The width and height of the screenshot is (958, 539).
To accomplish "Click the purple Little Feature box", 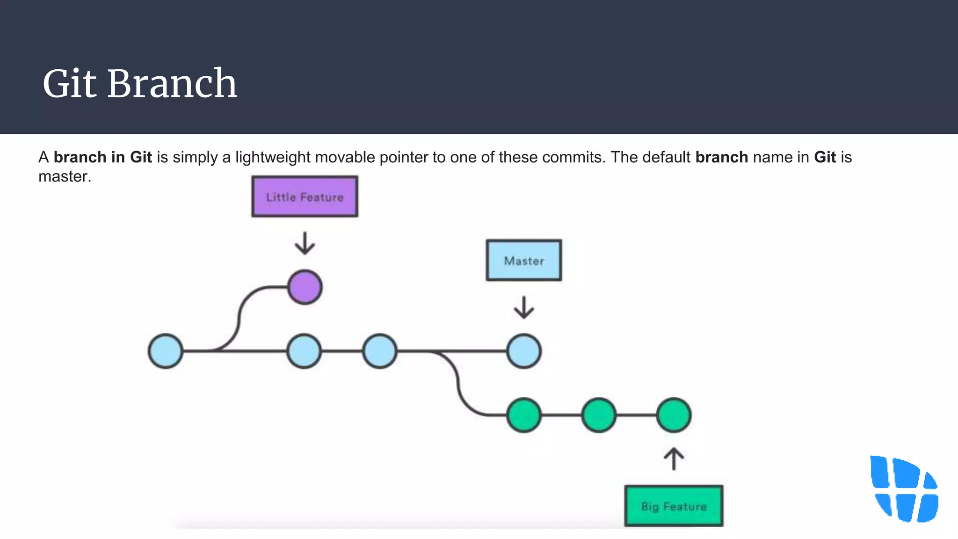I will tap(305, 197).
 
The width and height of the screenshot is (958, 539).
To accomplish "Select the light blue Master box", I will tap(523, 260).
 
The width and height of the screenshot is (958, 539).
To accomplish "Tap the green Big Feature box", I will tap(674, 506).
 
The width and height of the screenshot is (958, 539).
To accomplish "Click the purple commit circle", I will tap(305, 287).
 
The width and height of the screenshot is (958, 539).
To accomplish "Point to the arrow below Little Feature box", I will tap(305, 243).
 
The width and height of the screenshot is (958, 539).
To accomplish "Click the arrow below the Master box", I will tap(524, 307).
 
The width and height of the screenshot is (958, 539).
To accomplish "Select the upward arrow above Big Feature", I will tap(674, 459).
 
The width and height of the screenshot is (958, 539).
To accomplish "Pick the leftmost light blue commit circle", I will tap(166, 351).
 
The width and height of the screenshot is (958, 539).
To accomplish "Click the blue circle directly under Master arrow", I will tap(524, 351).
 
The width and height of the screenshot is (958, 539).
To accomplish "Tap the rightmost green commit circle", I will tap(674, 415).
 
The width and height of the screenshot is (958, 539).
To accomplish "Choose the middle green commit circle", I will tap(599, 415).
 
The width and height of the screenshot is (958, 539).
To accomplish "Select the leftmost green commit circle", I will tap(524, 415).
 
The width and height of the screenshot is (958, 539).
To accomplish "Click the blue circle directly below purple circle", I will tap(304, 351).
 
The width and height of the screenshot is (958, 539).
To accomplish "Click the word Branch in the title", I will tap(172, 84).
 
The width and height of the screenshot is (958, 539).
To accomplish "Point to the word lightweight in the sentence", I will tap(272, 157).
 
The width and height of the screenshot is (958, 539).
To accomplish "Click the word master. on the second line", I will tap(65, 176).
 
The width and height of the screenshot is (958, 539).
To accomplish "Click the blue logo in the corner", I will tap(904, 489).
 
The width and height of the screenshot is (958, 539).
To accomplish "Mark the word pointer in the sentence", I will tap(404, 157).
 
